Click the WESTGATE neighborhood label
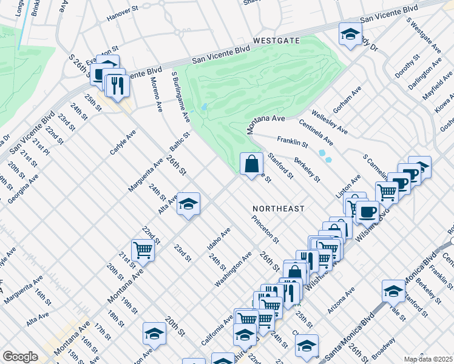277,41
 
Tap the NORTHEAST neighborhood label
278,208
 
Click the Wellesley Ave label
328,121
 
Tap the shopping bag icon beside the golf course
251,164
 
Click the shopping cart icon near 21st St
143,249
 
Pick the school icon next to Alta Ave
188,205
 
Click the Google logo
20,357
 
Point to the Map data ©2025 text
429,359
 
